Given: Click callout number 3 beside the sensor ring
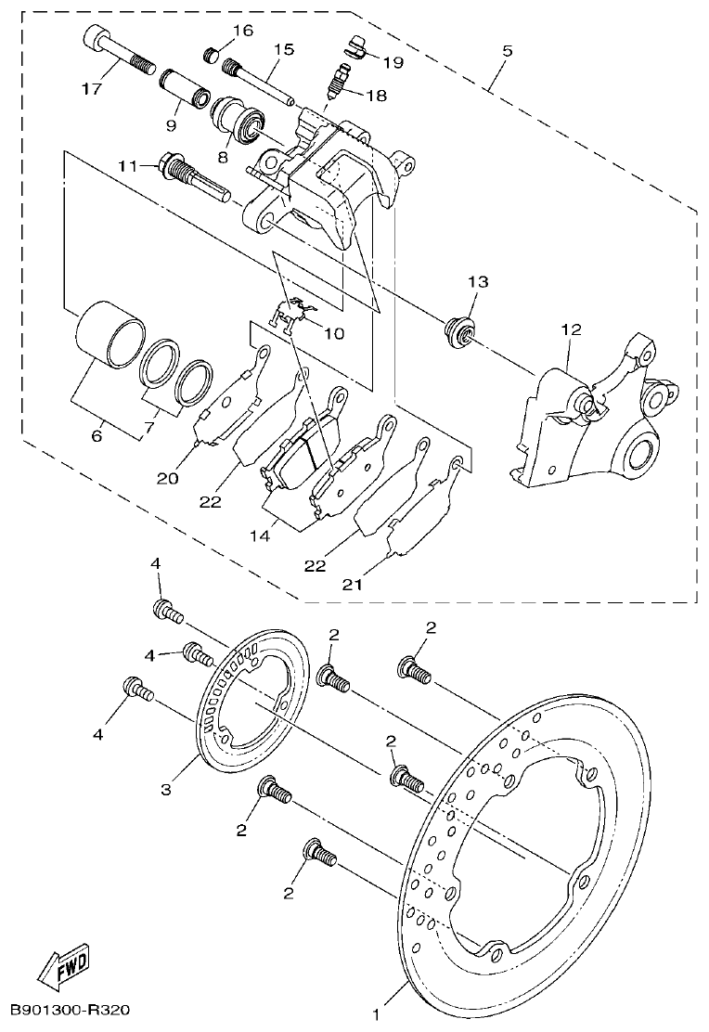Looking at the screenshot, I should (166, 789).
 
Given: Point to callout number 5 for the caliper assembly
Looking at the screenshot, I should (506, 51).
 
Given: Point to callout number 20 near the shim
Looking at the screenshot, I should (167, 479).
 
